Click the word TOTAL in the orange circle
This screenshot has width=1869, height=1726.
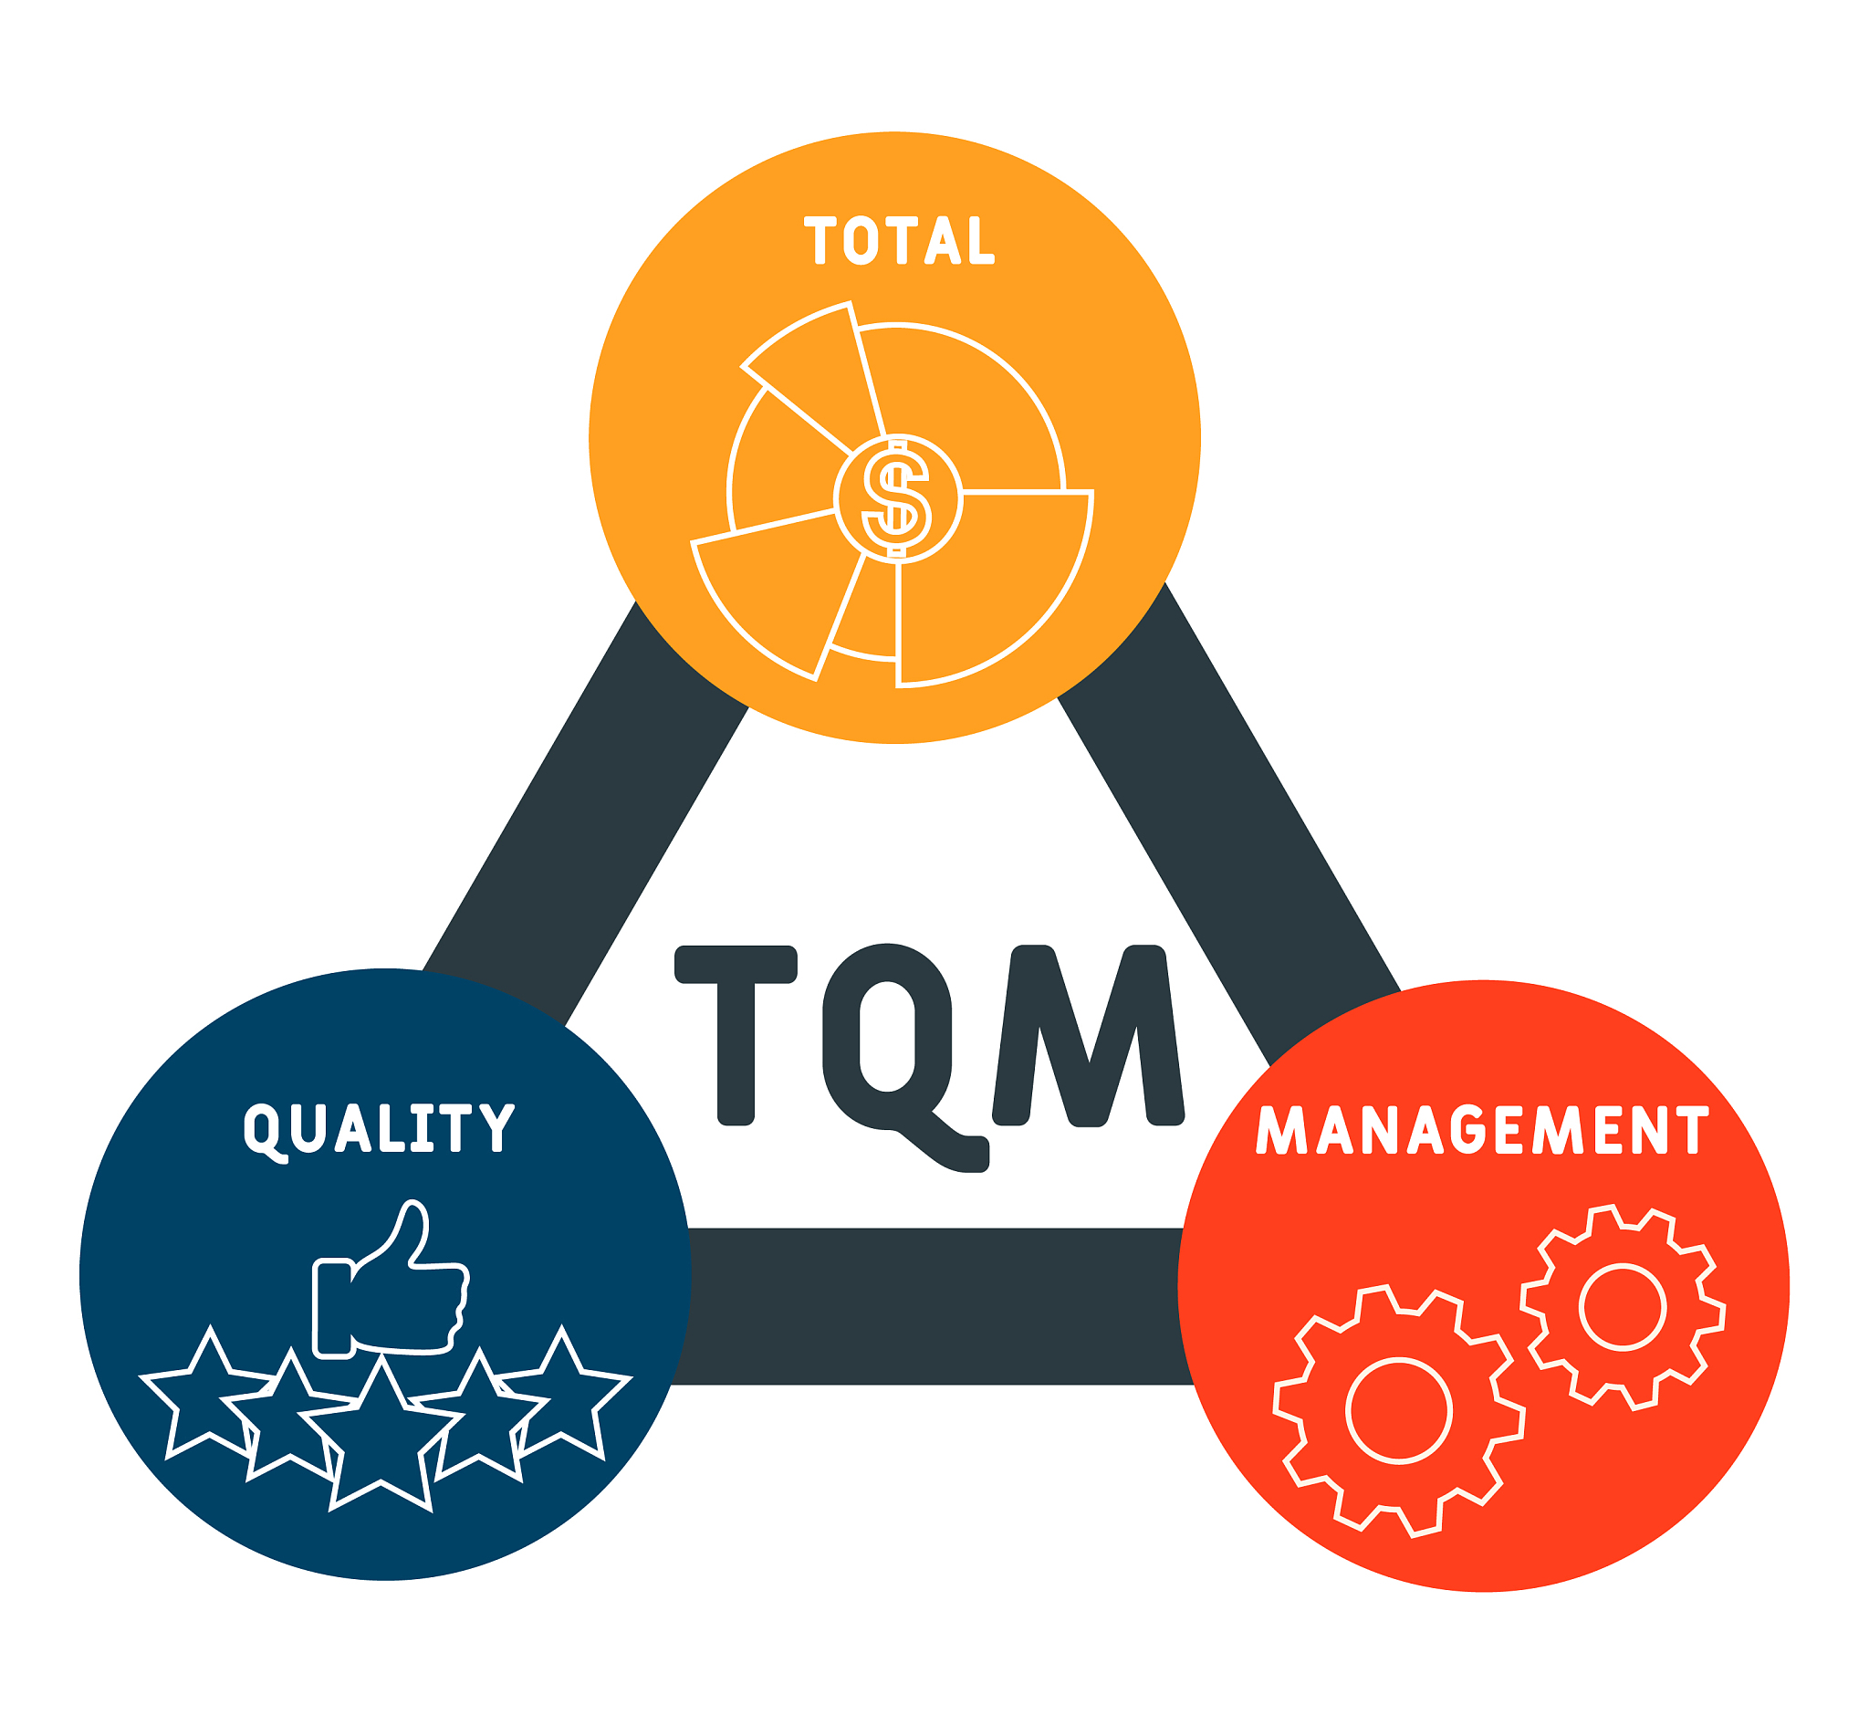coord(900,240)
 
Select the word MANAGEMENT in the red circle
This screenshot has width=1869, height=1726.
coord(1482,1129)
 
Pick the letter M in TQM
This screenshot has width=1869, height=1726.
coord(1089,1035)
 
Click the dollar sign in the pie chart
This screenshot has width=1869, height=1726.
coord(897,498)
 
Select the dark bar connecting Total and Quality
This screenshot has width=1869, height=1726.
coord(587,812)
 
